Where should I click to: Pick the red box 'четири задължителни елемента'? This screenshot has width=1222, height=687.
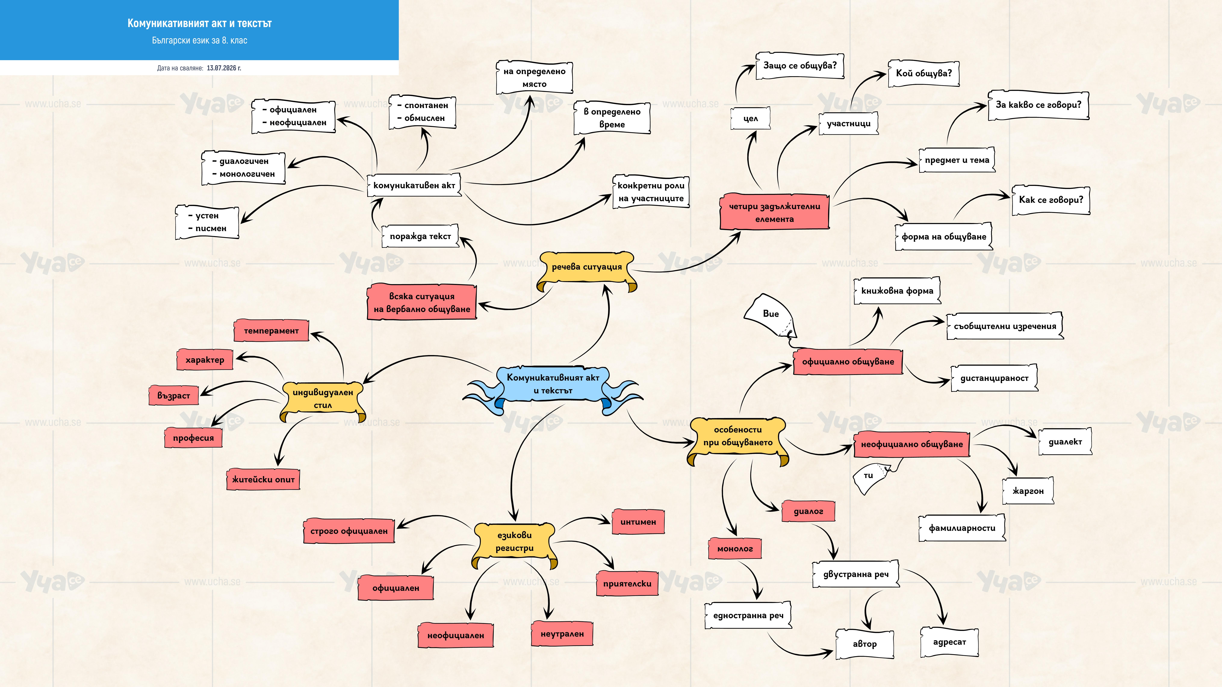(774, 212)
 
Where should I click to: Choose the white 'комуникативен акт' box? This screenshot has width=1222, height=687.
(414, 185)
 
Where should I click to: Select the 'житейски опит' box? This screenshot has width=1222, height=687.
(263, 479)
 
